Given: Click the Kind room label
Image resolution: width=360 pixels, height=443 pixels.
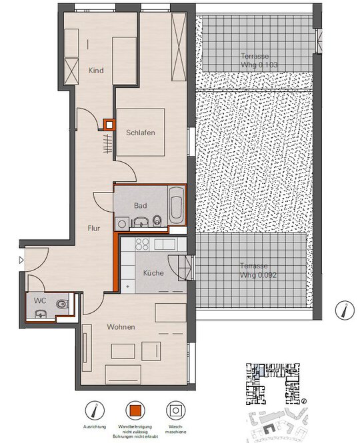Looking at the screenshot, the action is point(96,71).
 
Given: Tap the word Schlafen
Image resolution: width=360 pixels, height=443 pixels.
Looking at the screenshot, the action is point(141,133).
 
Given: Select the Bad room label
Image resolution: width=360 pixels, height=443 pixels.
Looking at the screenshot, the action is point(140,205).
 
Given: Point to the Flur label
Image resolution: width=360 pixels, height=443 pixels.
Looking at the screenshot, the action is point(93,228).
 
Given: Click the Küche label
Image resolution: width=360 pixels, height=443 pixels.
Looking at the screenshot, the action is point(153,273).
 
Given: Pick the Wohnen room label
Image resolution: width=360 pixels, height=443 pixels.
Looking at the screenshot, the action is point(121,327).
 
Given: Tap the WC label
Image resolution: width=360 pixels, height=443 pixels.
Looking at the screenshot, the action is point(40,300).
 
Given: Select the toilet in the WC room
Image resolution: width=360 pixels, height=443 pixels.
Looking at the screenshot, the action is point(62,304).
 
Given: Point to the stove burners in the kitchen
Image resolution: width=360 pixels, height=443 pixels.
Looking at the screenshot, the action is point(142,244).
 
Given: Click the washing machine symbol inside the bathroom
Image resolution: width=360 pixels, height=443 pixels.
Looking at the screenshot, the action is point(122,224).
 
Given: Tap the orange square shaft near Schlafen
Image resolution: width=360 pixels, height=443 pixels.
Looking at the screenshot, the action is point(109,125).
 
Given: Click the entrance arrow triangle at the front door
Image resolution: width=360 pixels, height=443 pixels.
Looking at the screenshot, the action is point(21,260).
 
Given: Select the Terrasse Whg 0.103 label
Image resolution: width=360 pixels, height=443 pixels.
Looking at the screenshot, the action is point(259,61).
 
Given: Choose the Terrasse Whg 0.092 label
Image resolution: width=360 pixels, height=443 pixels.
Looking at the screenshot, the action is point(258,270).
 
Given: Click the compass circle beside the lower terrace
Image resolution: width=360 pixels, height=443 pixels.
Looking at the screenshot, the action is point(345,310).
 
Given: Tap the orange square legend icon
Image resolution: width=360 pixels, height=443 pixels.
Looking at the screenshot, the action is point(135,410).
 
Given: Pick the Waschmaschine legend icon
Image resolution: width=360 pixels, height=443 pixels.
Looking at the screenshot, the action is point(175,410).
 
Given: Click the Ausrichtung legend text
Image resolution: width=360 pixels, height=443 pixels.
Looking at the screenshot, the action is point(95,426).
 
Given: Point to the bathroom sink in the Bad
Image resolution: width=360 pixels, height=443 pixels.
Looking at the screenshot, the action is point(141,222).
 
